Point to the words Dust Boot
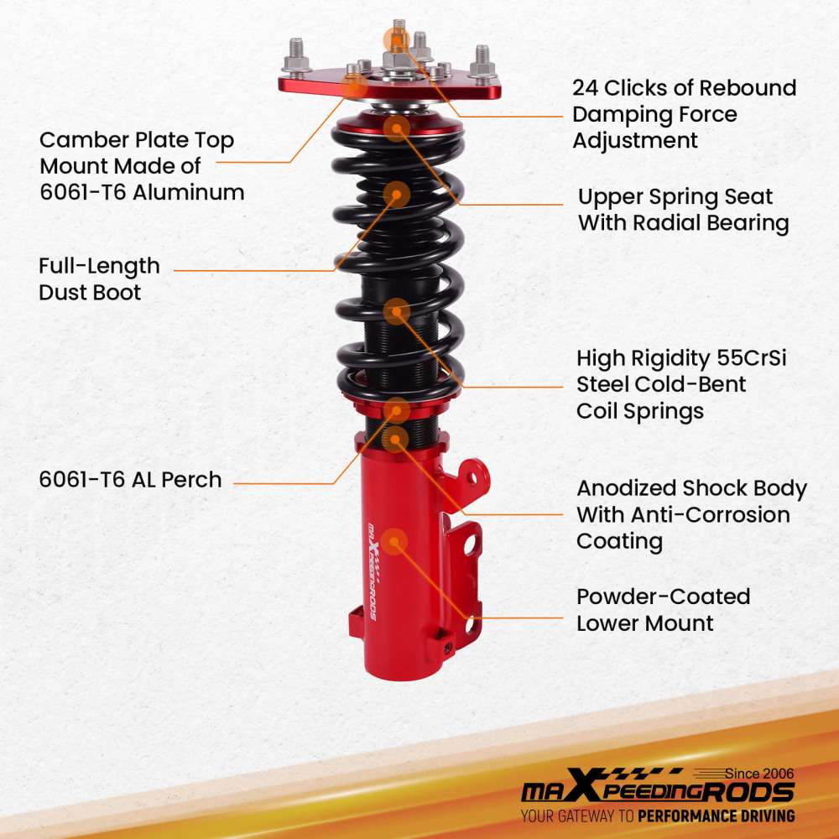[90, 293]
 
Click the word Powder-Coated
[663, 597]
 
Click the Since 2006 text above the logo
[758, 774]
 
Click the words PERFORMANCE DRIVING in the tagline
[716, 816]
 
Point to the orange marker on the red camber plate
[355, 82]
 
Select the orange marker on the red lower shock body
[394, 541]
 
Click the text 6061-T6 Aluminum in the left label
[142, 192]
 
